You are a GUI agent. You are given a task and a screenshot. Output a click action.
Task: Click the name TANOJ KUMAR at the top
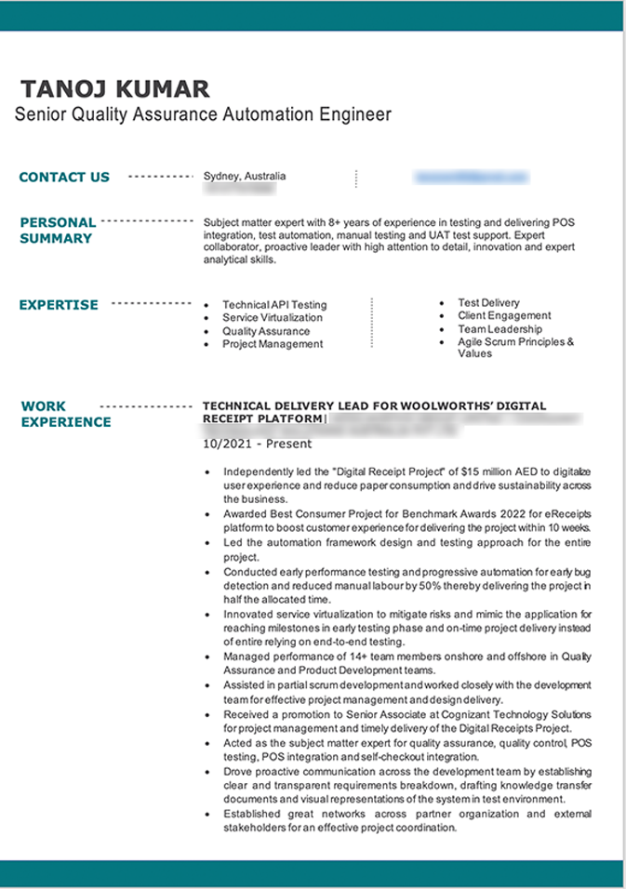(x=115, y=89)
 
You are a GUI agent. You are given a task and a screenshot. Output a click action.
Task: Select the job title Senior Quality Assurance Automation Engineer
(x=203, y=114)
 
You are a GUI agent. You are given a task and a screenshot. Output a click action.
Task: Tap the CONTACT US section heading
(x=64, y=177)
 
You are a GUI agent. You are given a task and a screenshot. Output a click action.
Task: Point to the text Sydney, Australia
(x=245, y=176)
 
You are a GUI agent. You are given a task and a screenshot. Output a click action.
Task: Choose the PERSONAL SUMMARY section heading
(x=58, y=230)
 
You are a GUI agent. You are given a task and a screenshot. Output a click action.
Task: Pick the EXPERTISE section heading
(x=59, y=304)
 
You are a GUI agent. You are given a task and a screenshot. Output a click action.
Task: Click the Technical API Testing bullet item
(x=274, y=305)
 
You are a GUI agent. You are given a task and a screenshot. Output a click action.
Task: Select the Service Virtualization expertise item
(x=273, y=318)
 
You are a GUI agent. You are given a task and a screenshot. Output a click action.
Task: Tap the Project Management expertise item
(x=273, y=344)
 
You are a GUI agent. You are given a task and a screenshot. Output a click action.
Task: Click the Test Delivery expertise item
(x=488, y=303)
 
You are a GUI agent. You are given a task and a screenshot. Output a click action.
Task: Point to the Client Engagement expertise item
(x=504, y=316)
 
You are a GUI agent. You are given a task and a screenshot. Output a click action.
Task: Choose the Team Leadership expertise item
(x=499, y=329)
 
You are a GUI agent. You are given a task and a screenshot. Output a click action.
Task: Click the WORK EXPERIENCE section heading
(x=65, y=414)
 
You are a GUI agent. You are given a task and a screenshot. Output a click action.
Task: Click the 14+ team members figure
(x=344, y=657)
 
